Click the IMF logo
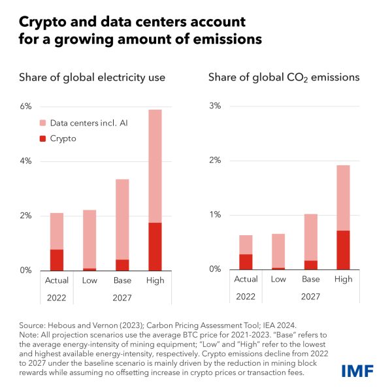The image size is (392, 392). click(358, 371)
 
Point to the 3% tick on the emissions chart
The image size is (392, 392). click(214, 106)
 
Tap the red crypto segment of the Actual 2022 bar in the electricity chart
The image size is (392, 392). click(57, 259)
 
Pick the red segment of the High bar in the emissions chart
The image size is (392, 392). click(342, 250)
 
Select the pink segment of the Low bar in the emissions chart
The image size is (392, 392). click(278, 250)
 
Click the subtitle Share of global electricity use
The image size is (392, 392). click(90, 78)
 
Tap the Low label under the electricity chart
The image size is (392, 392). click(90, 280)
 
